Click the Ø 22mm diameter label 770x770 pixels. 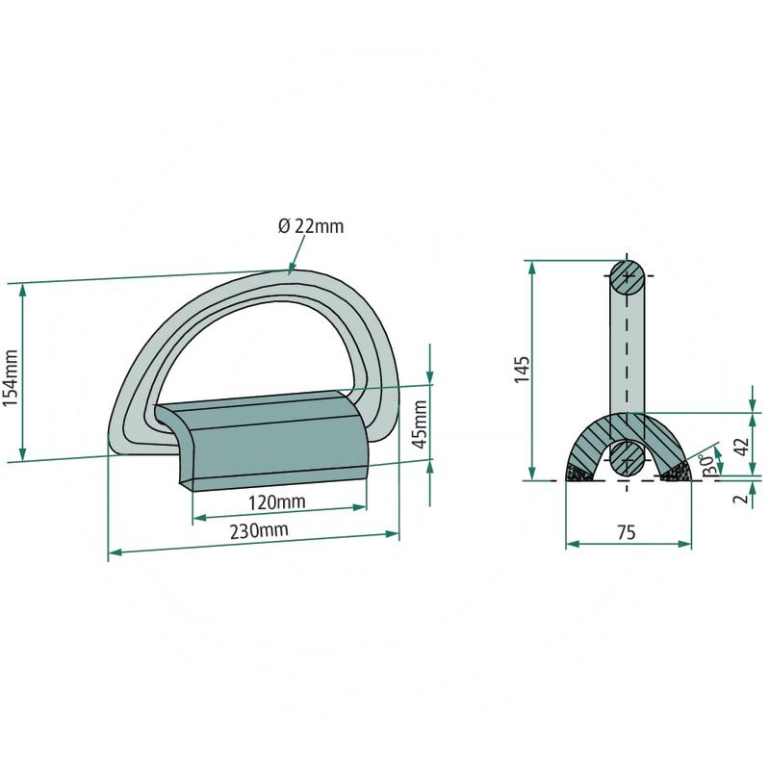pyautogui.click(x=311, y=226)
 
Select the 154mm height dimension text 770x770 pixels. pyautogui.click(x=11, y=378)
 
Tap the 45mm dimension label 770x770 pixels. pyautogui.click(x=421, y=424)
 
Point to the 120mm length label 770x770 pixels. pyautogui.click(x=276, y=502)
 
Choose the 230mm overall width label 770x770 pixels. pyautogui.click(x=259, y=531)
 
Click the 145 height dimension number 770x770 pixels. pyautogui.click(x=522, y=370)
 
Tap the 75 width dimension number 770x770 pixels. pyautogui.click(x=627, y=532)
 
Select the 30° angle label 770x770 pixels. pyautogui.click(x=707, y=464)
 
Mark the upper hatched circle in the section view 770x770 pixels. pyautogui.click(x=628, y=277)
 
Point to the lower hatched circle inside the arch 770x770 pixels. pyautogui.click(x=628, y=458)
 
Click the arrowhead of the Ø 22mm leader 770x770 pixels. pyautogui.click(x=292, y=269)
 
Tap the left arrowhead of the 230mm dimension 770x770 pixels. pyautogui.click(x=114, y=552)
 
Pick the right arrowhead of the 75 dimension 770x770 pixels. pyautogui.click(x=685, y=544)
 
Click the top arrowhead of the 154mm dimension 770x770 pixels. pyautogui.click(x=22, y=291)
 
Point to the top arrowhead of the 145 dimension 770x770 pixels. pyautogui.click(x=532, y=269)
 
